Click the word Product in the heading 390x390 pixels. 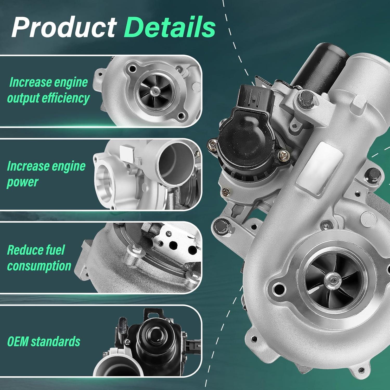[64, 27]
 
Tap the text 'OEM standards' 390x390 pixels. [43, 341]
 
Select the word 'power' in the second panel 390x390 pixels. [22, 182]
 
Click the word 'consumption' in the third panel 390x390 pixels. [39, 266]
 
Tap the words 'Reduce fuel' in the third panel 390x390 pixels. [36, 250]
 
